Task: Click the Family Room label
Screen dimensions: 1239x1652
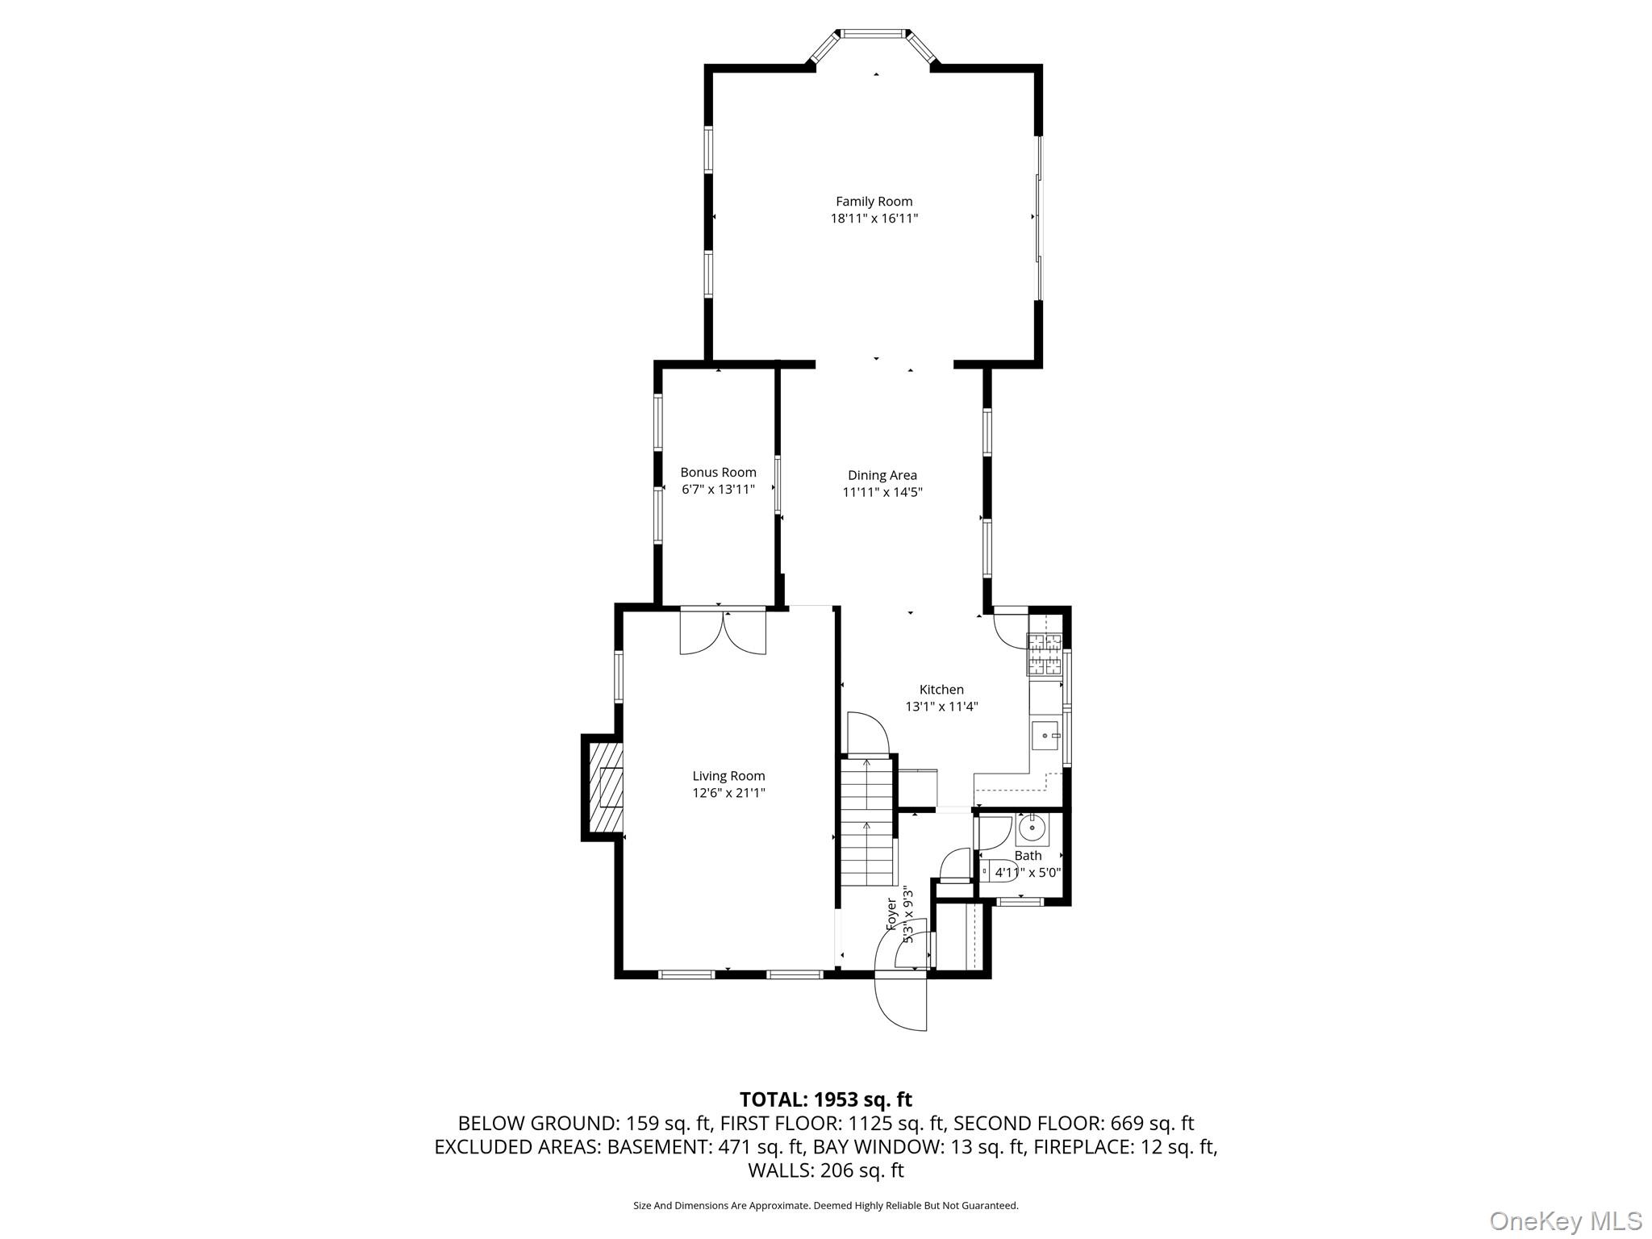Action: click(x=874, y=202)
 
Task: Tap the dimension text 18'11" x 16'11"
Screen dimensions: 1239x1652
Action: click(x=874, y=219)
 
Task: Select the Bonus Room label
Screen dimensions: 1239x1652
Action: click(x=718, y=473)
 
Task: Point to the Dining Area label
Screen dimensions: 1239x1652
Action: click(x=882, y=476)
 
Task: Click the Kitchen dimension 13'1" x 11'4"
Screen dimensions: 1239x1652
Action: click(x=941, y=707)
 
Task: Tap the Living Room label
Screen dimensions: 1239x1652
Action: click(x=728, y=776)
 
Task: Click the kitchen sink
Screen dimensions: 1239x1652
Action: click(x=1045, y=736)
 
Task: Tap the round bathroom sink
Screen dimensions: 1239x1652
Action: click(x=1032, y=828)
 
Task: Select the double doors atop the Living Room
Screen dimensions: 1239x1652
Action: click(x=723, y=632)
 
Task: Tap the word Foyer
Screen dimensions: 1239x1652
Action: click(x=891, y=914)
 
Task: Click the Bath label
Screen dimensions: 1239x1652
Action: click(x=1028, y=855)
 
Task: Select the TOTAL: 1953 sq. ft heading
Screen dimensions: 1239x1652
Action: click(x=825, y=1099)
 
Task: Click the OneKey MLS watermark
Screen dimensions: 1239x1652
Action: click(x=1565, y=1220)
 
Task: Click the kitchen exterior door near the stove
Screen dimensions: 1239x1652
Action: click(x=1010, y=628)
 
